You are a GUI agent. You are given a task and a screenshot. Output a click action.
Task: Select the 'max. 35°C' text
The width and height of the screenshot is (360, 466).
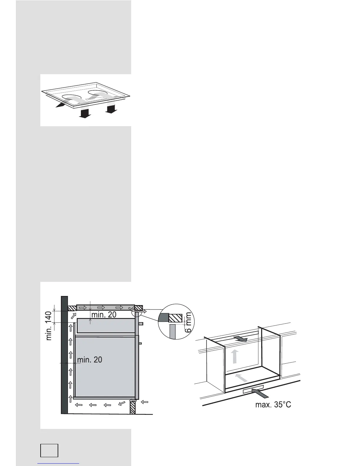point(273,405)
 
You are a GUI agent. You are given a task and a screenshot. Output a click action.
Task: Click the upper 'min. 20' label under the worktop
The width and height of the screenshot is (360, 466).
point(104,314)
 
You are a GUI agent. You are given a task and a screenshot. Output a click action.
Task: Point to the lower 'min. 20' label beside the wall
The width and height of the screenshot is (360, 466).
point(90,360)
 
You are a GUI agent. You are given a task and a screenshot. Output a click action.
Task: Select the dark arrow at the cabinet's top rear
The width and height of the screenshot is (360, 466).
point(241,339)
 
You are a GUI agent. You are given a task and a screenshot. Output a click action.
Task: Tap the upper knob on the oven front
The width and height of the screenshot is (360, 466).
point(141,324)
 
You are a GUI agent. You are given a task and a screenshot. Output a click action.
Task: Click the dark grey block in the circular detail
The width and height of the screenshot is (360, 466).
point(164,318)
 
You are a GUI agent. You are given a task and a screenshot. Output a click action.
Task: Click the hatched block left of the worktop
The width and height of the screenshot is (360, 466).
point(71,308)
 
